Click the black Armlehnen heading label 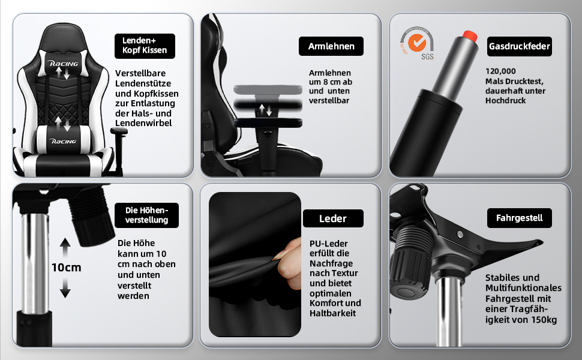(x=331, y=46)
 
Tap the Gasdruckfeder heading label (x=519, y=46)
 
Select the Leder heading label (x=333, y=218)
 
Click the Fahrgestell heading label (x=519, y=218)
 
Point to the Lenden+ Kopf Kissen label (x=145, y=46)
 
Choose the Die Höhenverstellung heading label (x=146, y=215)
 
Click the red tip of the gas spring (x=470, y=36)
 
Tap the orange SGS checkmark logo (x=417, y=43)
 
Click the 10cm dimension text (x=66, y=267)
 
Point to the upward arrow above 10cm (x=65, y=247)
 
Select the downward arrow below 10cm (x=65, y=288)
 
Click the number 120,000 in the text (x=500, y=71)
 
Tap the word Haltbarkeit (x=332, y=313)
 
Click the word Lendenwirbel (x=143, y=123)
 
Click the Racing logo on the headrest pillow (x=64, y=64)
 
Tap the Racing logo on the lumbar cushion (x=63, y=142)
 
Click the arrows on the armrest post (x=265, y=110)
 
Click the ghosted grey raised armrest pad (x=268, y=89)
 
